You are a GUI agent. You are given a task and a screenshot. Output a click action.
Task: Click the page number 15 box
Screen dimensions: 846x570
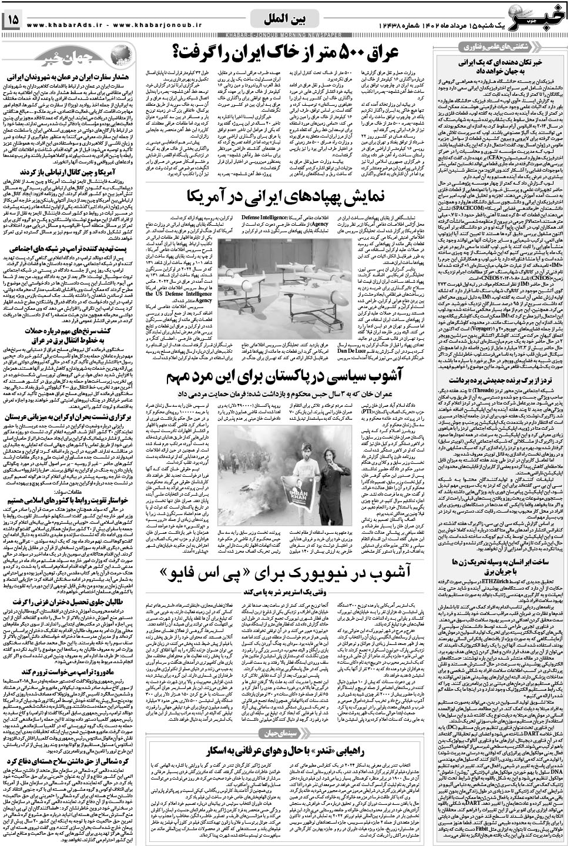point(12,19)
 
